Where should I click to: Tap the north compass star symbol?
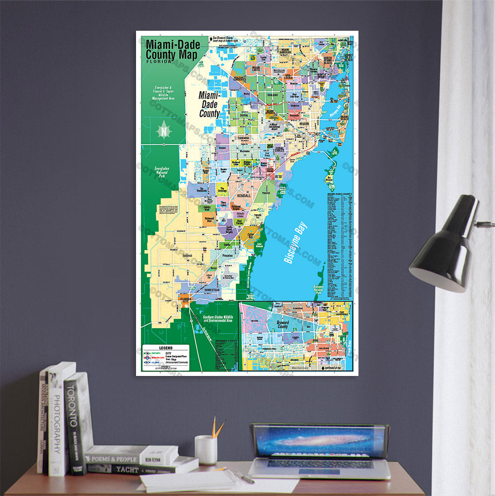point(164,131)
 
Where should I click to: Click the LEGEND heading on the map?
point(166,348)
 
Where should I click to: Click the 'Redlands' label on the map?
point(187,255)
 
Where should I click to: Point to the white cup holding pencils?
point(206,450)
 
